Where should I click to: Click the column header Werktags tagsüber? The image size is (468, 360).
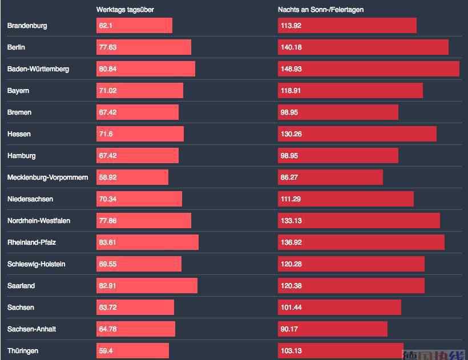125,10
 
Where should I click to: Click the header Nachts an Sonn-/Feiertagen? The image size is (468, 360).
321,10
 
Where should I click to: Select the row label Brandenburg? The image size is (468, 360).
27,26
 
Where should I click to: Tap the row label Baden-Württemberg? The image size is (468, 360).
38,69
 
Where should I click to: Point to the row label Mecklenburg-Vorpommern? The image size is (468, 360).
48,177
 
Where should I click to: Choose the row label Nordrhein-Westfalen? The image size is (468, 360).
39,221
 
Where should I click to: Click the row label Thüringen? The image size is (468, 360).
23,351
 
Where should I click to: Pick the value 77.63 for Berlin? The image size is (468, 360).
108,47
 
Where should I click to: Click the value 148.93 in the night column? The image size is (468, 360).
291,69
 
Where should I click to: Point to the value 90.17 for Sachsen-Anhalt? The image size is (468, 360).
289,329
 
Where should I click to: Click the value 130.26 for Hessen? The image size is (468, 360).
291,134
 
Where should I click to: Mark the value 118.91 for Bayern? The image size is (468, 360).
291,91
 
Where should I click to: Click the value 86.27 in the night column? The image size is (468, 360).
289,177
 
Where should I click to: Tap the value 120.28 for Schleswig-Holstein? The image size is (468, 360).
291,264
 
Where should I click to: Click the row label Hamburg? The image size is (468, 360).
22,156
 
